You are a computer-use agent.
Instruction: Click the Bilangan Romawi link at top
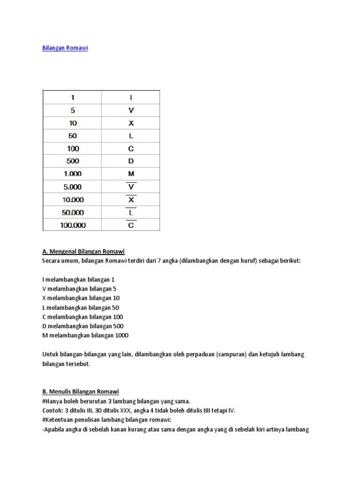pos(65,48)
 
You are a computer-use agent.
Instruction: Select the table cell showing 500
pos(73,161)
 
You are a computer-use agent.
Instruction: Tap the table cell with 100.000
pos(73,225)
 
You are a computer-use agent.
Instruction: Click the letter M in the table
pos(131,174)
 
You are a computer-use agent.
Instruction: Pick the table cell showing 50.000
pos(73,212)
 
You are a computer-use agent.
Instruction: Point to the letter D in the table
pos(131,161)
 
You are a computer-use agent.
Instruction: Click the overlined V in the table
pos(131,187)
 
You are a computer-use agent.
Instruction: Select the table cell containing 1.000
pos(73,174)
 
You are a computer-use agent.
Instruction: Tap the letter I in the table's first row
pos(131,97)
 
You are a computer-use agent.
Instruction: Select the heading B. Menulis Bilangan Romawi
pos(80,391)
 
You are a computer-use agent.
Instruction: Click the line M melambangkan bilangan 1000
pos(85,335)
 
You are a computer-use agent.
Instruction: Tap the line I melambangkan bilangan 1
pos(78,279)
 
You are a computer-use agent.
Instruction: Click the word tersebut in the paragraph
pos(76,363)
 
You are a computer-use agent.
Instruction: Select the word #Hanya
pos(52,401)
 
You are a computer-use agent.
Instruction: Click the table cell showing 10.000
pos(73,200)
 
